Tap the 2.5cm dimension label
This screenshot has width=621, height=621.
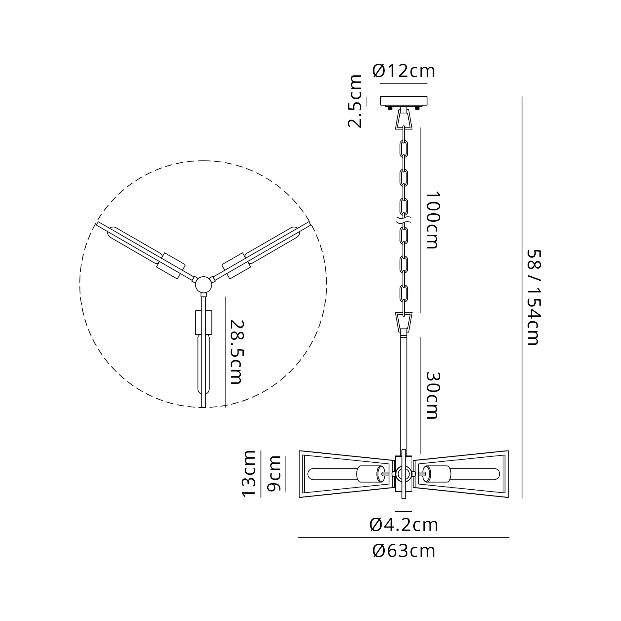coord(355,101)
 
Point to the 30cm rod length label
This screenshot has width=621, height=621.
coord(432,395)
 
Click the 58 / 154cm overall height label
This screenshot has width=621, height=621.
coord(534,297)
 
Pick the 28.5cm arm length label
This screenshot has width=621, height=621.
coord(237,352)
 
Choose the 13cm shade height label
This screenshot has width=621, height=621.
coord(249,474)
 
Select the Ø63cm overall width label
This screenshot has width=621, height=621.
coord(404,551)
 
